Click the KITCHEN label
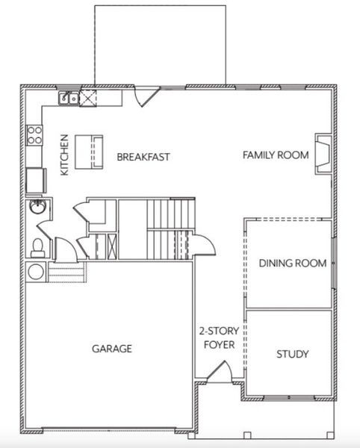pos(65,155)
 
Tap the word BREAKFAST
pos(143,157)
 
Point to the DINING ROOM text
pos(293,263)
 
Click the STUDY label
pos(292,354)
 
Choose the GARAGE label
pos(112,348)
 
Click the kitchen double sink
pos(69,97)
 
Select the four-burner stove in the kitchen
pos(34,134)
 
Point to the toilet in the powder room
pos(37,246)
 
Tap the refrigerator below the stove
pos(35,180)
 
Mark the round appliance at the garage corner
pos(35,270)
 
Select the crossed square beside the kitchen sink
pos(89,96)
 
